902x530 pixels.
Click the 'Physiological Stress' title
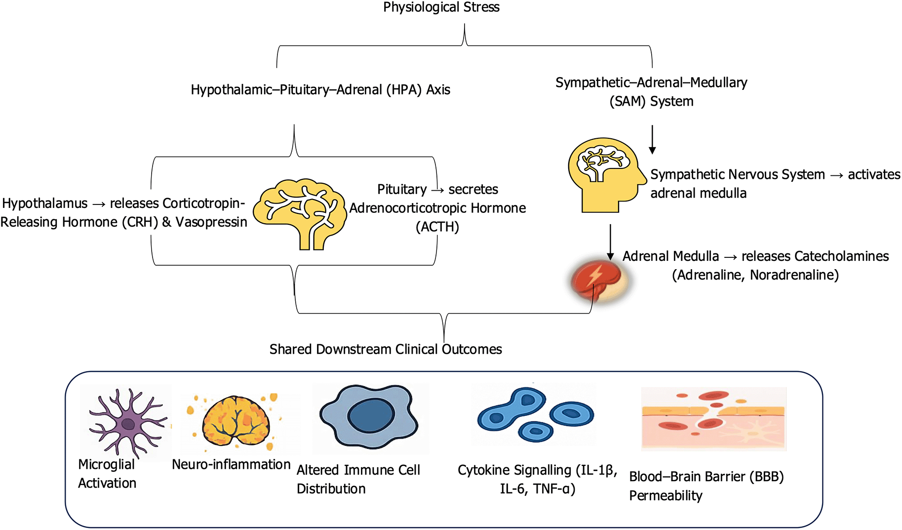click(441, 7)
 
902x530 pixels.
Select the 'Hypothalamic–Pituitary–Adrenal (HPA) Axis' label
click(320, 90)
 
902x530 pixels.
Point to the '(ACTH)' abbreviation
click(437, 227)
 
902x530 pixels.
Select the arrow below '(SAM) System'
click(652, 139)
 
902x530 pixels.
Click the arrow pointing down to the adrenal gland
click(610, 242)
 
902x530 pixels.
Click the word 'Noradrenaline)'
click(794, 275)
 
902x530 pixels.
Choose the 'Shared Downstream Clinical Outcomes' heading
click(386, 349)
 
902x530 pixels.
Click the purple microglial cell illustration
click(127, 422)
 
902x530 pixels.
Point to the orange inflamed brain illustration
click(236, 421)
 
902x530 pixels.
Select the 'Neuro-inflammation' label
click(231, 465)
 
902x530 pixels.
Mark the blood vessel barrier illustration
click(713, 419)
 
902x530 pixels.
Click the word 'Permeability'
click(666, 496)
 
